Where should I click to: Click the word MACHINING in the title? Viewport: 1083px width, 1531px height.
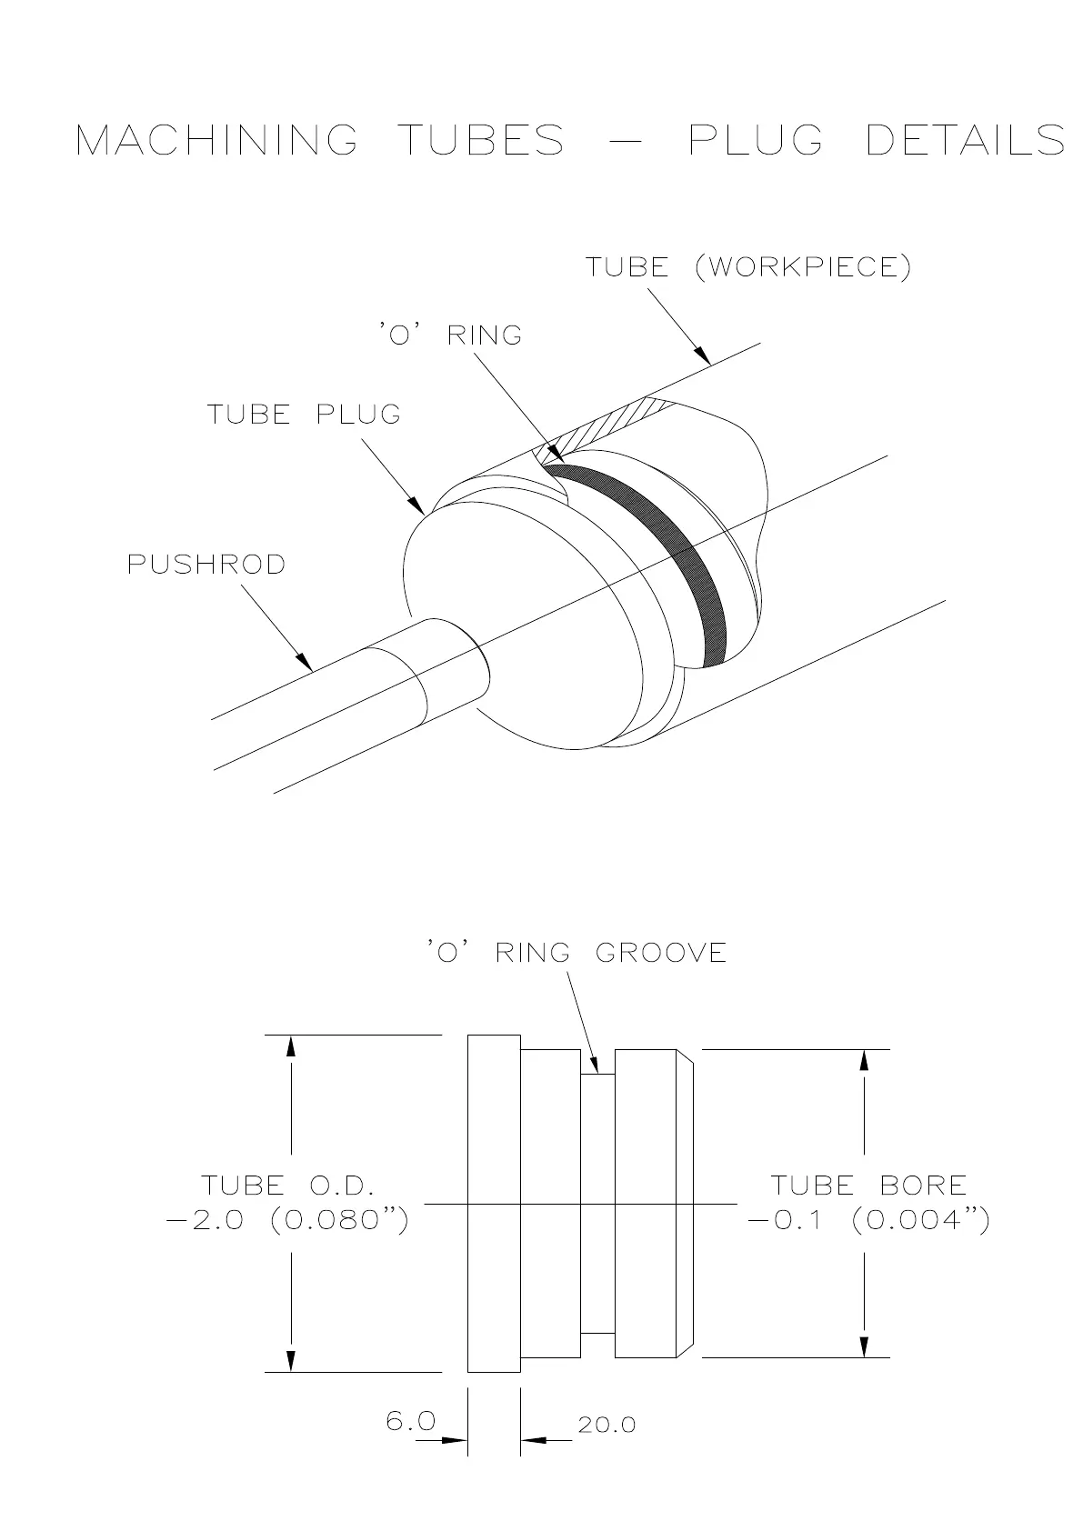(x=216, y=140)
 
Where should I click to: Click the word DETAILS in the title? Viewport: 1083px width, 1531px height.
(x=965, y=140)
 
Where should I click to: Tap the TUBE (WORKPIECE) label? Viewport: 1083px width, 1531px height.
(x=747, y=267)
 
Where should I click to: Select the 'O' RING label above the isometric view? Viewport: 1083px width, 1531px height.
(x=451, y=335)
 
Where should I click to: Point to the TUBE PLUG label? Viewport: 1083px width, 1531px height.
(x=304, y=415)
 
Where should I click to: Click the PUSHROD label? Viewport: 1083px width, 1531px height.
(x=206, y=565)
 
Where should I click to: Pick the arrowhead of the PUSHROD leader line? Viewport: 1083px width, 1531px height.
(x=306, y=663)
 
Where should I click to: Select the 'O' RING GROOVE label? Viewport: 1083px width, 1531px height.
(x=577, y=953)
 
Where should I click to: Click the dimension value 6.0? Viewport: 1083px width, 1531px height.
(x=411, y=1421)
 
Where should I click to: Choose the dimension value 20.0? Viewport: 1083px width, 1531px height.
(x=607, y=1425)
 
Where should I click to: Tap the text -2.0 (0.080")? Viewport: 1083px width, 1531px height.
(x=287, y=1219)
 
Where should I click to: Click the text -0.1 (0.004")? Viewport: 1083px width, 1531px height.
(x=868, y=1219)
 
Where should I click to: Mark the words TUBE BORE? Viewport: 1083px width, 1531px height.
(x=868, y=1185)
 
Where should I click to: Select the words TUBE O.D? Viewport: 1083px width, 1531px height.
(x=287, y=1185)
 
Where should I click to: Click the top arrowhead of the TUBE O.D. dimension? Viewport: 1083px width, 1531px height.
(x=291, y=1046)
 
